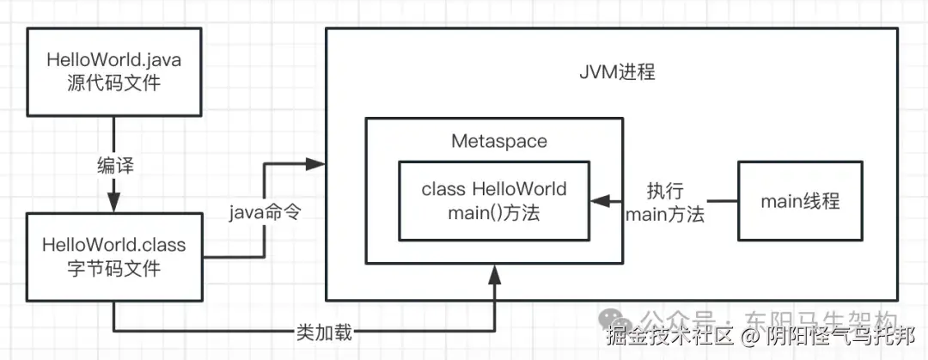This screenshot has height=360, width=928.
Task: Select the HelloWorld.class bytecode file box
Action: point(114,258)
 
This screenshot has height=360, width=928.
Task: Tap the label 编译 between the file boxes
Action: point(114,165)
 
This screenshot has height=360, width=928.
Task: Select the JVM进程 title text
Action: point(616,73)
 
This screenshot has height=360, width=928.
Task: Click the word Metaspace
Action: point(498,141)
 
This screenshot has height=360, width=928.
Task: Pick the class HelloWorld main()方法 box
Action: point(493,201)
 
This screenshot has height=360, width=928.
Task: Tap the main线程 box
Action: point(799,202)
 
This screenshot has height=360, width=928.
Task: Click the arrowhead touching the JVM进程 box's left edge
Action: point(319,163)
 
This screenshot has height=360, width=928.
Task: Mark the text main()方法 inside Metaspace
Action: point(493,213)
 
